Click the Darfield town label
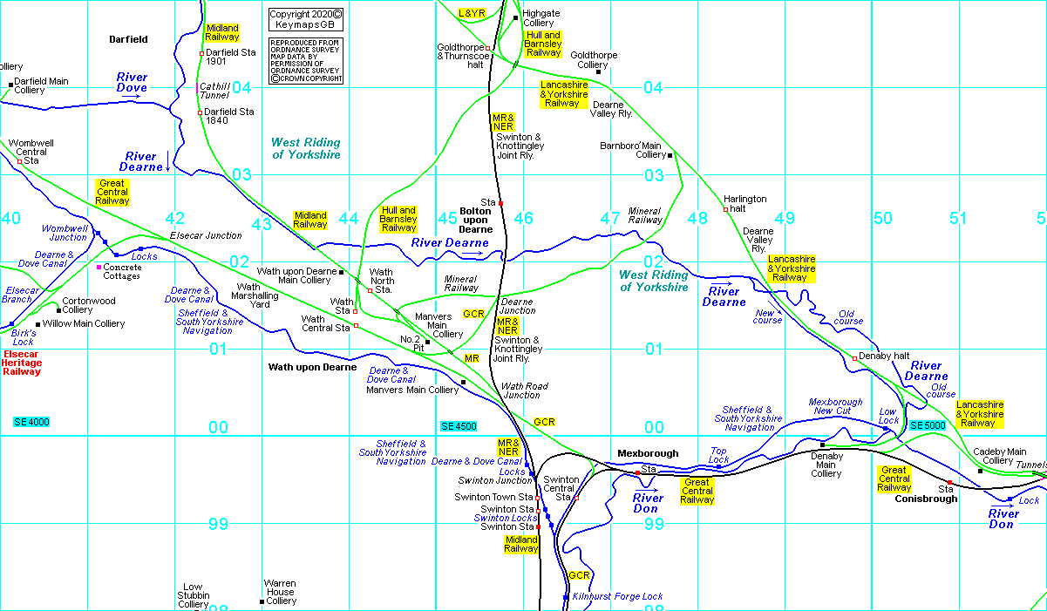coord(128,39)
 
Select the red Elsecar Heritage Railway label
coord(23,363)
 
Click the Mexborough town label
coord(648,453)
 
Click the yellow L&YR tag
coord(472,13)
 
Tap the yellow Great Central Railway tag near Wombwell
coord(112,193)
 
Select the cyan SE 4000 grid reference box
coord(31,422)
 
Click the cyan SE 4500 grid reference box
coord(459,426)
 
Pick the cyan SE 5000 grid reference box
coord(928,424)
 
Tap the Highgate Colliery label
coord(541,17)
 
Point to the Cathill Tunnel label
coord(214,91)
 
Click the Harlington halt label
coord(745,204)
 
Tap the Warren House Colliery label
coord(281,592)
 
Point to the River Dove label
coord(133,83)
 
